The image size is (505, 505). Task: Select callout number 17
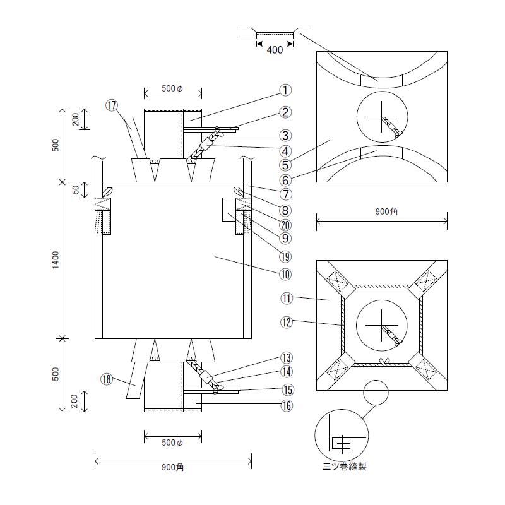point(112,106)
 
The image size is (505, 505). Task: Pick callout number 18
point(107,379)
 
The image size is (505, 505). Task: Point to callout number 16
point(286,406)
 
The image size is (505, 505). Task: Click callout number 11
point(286,297)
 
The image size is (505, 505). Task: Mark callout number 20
point(286,225)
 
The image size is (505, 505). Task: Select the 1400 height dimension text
point(56,259)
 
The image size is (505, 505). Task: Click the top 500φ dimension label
point(172,89)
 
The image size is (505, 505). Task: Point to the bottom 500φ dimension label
point(172,443)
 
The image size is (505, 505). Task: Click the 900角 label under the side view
point(172,467)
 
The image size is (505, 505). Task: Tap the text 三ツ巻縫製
point(344,467)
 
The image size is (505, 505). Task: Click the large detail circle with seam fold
point(342,437)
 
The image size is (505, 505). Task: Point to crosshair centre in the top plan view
point(382,118)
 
